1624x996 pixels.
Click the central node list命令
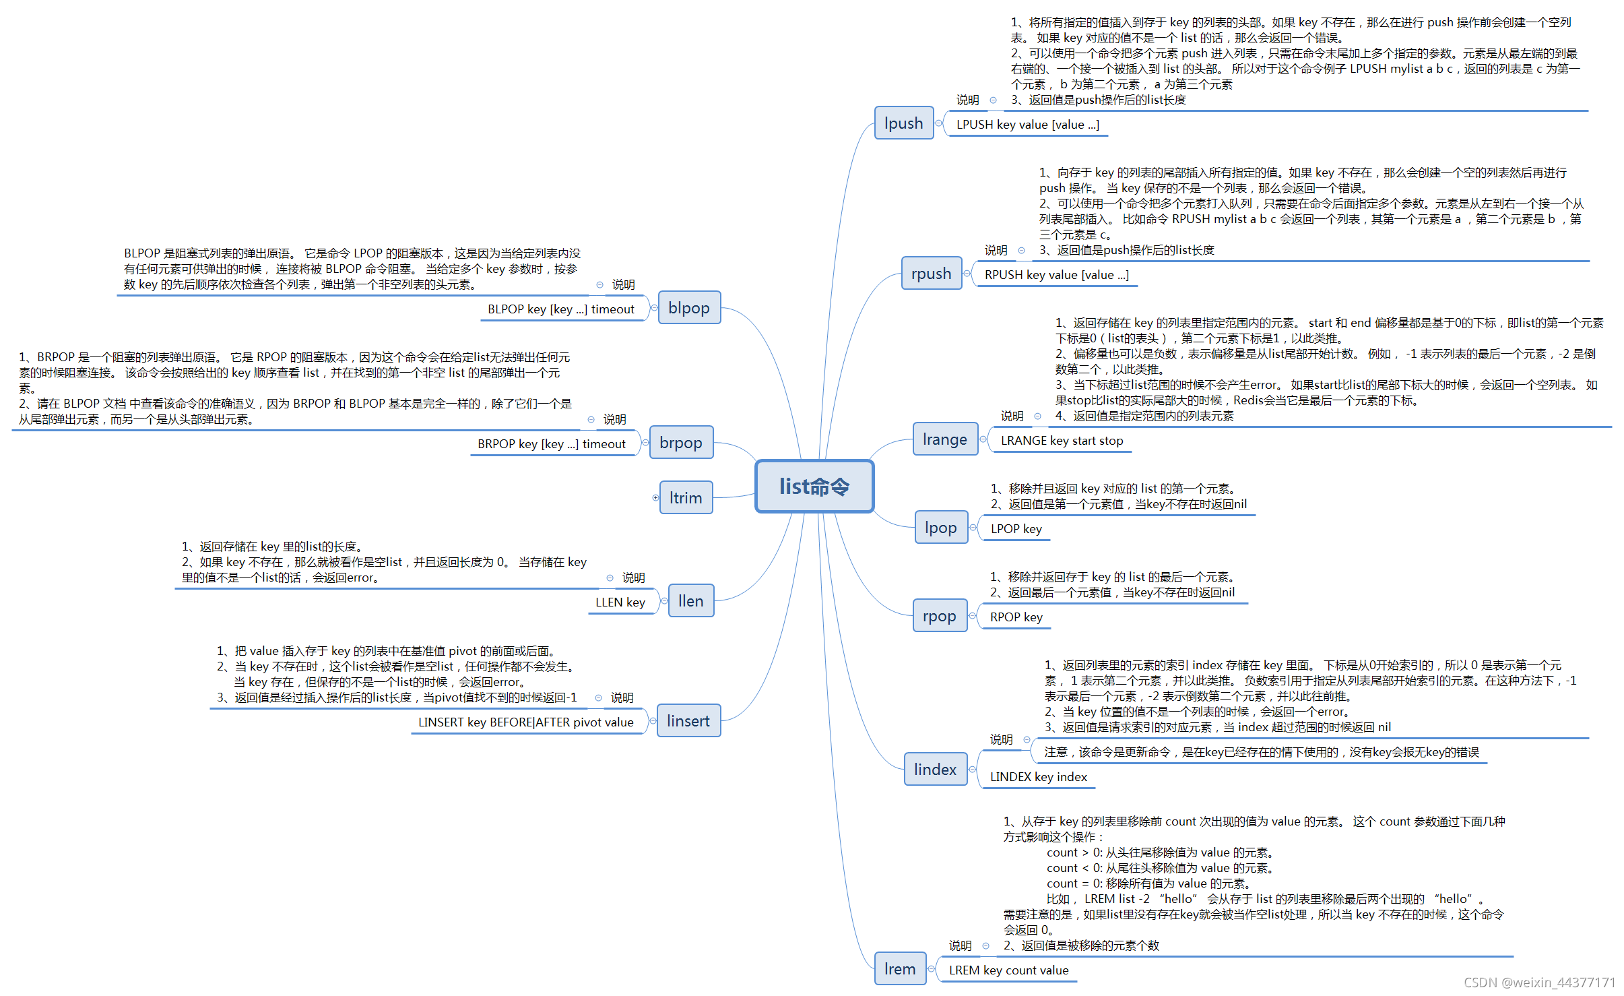point(814,487)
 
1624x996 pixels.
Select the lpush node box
point(903,123)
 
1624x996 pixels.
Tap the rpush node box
point(931,274)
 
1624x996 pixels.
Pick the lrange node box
point(944,439)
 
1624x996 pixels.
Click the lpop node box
point(940,528)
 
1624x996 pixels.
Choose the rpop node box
point(939,616)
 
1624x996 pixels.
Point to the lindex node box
point(935,769)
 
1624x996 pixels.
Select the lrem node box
point(899,969)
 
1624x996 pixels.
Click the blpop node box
point(688,308)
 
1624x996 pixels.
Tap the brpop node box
point(680,443)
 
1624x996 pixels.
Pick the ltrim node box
point(686,498)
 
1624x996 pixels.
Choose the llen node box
point(690,601)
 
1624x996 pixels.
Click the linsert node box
point(688,721)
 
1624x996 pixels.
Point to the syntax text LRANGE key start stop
point(1062,441)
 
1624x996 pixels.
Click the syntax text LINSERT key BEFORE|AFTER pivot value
point(525,722)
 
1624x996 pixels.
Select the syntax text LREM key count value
point(1008,970)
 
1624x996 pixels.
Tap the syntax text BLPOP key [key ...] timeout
point(560,309)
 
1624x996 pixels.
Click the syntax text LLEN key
point(620,602)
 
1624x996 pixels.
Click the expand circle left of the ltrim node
point(655,498)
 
